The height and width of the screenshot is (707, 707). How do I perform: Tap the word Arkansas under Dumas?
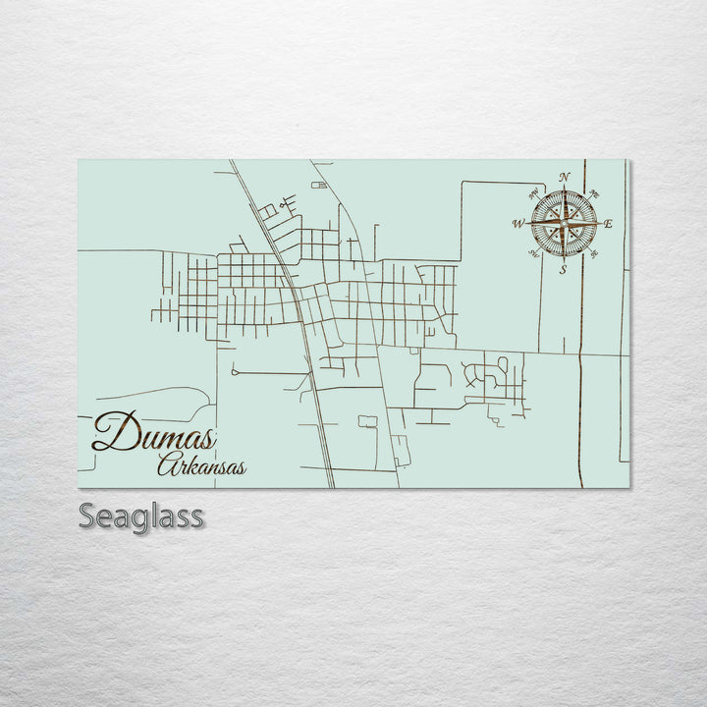click(x=201, y=465)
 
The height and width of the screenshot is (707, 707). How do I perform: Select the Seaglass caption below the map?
click(x=141, y=516)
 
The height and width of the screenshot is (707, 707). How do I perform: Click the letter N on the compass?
click(x=565, y=177)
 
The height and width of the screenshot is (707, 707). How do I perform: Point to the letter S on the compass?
click(x=563, y=269)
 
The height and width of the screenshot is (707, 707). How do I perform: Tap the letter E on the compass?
click(x=609, y=225)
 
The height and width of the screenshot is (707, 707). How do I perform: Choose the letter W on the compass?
click(x=517, y=224)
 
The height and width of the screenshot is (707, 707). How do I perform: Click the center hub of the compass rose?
click(x=564, y=224)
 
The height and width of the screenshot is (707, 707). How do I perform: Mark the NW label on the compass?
click(x=532, y=192)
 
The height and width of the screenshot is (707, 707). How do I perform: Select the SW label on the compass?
click(x=533, y=255)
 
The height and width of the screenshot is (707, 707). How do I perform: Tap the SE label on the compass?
click(x=595, y=254)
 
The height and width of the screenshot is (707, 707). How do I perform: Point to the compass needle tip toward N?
click(x=565, y=186)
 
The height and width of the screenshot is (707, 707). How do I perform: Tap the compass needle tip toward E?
click(x=601, y=224)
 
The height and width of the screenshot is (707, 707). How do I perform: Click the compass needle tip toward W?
click(x=526, y=224)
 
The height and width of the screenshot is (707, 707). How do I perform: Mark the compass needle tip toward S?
click(x=564, y=261)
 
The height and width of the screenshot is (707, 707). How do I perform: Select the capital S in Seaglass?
click(x=87, y=516)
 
